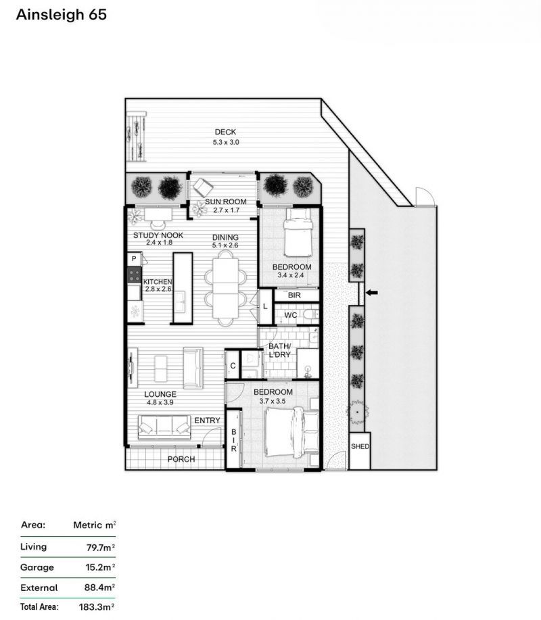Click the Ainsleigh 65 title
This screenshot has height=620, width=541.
tap(62, 15)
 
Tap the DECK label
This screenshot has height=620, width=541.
tap(225, 132)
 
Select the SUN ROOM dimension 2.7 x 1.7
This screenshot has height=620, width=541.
tap(227, 210)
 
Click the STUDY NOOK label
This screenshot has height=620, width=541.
tap(158, 235)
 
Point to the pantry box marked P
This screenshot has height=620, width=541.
tap(135, 260)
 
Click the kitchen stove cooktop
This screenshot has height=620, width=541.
tap(134, 275)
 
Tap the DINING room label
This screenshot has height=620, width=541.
tap(225, 237)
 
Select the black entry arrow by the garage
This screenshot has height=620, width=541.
tap(371, 293)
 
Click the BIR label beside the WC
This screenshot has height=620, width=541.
tap(294, 295)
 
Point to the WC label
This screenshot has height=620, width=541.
tap(291, 315)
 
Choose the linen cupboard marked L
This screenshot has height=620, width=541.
tap(265, 306)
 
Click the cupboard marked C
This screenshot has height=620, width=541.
tap(233, 366)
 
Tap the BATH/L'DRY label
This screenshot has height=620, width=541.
tap(279, 350)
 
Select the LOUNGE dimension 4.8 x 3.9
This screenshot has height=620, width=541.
tap(160, 402)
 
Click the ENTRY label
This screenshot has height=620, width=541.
tap(207, 421)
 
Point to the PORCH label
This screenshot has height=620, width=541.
tap(181, 460)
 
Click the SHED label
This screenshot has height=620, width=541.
tap(360, 446)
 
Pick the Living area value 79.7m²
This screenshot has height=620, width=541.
tap(101, 548)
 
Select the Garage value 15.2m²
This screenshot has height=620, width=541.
tap(101, 567)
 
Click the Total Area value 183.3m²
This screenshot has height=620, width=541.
tap(97, 607)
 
